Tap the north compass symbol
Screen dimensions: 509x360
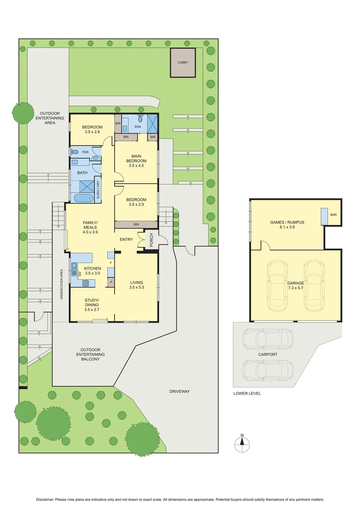(242, 442)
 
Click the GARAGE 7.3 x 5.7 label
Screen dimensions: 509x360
(295, 286)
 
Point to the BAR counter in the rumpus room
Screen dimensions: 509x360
(325, 216)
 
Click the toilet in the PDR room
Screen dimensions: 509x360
(75, 152)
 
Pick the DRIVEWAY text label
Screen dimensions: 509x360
(180, 391)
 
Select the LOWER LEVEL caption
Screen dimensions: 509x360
(247, 393)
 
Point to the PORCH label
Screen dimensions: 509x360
(151, 239)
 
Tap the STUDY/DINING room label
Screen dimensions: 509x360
(92, 304)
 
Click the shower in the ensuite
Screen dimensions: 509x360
(153, 123)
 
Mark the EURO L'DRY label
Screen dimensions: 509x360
(98, 191)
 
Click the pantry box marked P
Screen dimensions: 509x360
(111, 282)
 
